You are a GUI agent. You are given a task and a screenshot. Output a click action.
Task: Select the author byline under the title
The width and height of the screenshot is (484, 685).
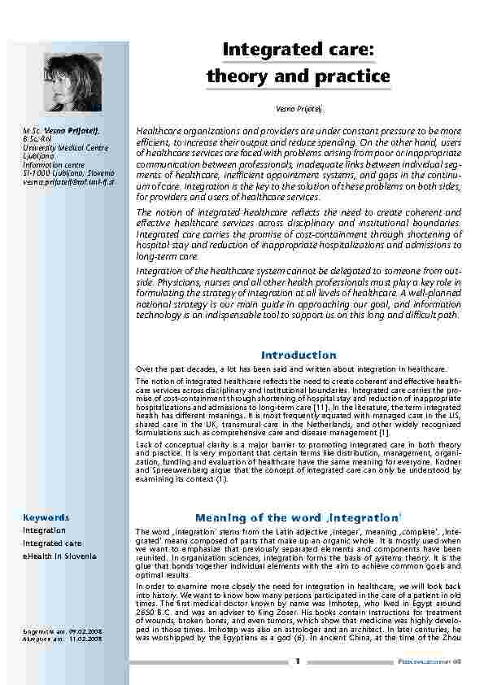coord(298,108)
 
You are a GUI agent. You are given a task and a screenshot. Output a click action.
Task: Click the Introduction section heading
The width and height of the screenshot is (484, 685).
coord(298,355)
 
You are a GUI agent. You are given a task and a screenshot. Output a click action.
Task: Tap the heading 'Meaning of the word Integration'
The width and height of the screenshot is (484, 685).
coord(298,517)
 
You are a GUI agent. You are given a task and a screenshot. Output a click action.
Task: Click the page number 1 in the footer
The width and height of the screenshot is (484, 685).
coord(299,661)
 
